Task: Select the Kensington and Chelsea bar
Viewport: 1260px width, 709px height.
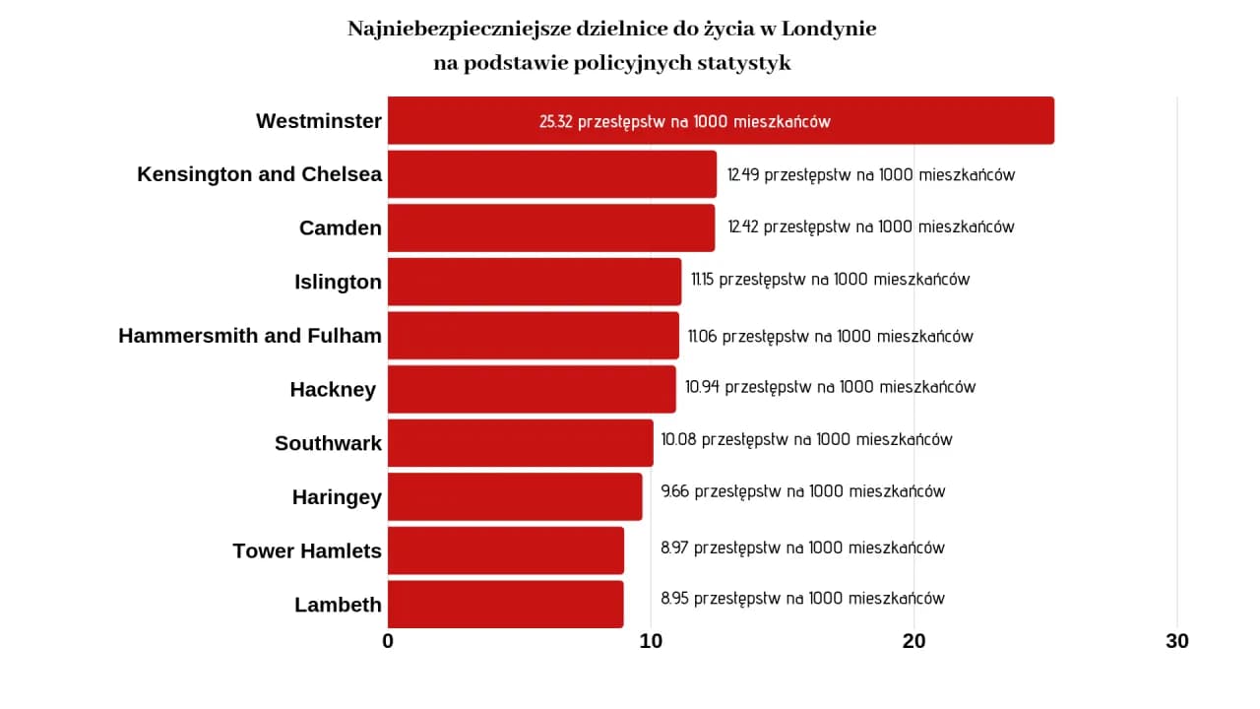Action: (551, 174)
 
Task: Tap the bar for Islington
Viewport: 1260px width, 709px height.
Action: (534, 282)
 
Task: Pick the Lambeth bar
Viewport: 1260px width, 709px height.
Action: (505, 604)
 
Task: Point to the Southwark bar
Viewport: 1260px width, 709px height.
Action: (520, 443)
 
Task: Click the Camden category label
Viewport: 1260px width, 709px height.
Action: (340, 227)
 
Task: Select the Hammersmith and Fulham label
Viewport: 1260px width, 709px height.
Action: (250, 336)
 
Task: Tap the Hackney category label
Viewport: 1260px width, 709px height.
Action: (333, 390)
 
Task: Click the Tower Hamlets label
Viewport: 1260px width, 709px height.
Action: (307, 550)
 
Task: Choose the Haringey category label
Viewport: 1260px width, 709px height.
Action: (337, 497)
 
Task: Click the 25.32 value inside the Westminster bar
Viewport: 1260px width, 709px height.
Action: (556, 122)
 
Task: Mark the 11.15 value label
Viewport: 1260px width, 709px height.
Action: (703, 280)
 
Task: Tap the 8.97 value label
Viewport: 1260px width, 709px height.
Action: (674, 548)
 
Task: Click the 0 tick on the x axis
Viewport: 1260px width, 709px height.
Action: (388, 641)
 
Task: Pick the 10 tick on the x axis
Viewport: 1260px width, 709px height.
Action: (651, 641)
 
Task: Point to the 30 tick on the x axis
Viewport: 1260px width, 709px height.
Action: (1177, 641)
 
